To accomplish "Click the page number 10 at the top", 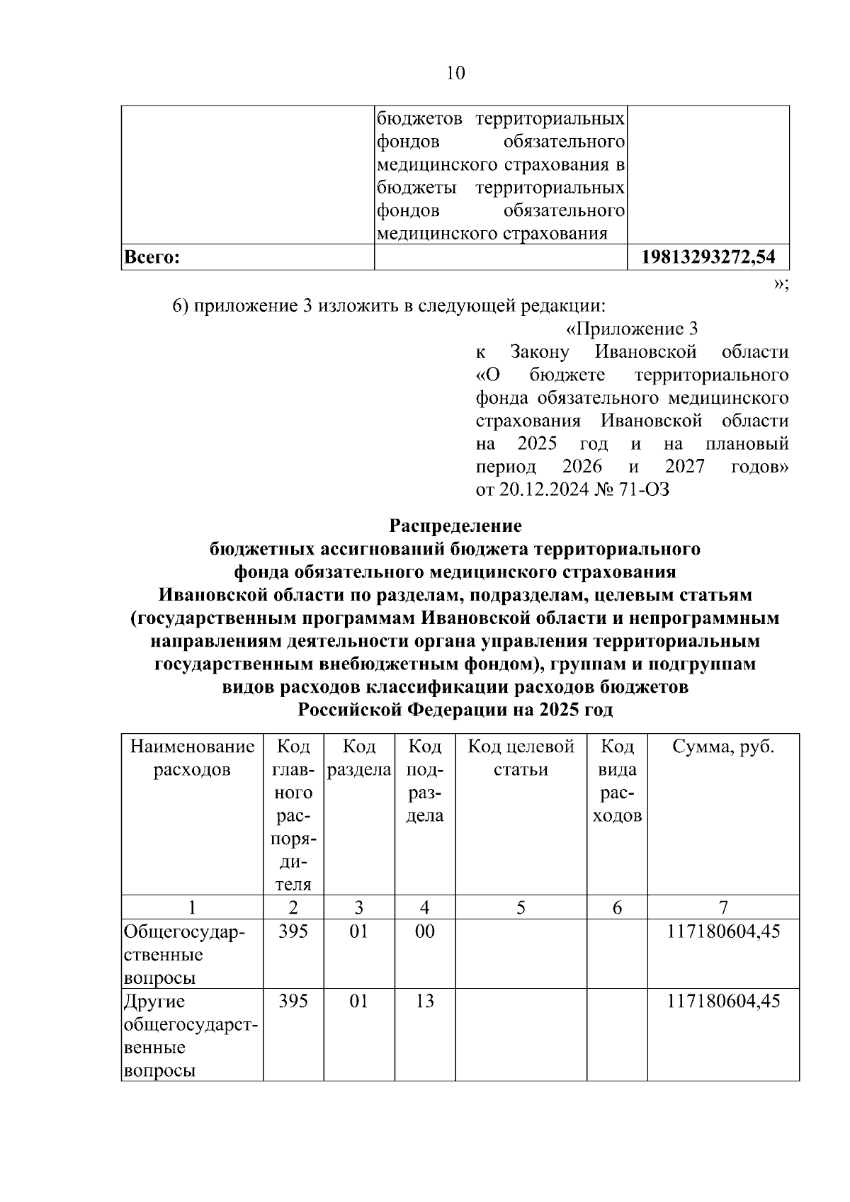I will click(456, 73).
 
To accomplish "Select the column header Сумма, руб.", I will click(723, 747).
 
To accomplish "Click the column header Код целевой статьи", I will click(521, 758).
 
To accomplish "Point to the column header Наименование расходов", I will click(192, 758).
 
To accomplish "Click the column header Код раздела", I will click(359, 758).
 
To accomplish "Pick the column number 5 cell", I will click(521, 907).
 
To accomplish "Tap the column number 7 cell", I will click(723, 907).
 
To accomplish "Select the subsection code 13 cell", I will click(424, 1002).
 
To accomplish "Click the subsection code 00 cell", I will click(424, 931).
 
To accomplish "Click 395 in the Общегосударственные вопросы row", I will click(293, 931).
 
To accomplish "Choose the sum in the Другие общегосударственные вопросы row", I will click(723, 1002).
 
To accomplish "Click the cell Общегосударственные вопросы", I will click(184, 954).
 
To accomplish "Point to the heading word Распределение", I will click(455, 526).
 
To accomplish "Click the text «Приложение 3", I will click(633, 329).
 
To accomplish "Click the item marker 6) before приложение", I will click(181, 306).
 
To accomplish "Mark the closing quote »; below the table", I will click(781, 283).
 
